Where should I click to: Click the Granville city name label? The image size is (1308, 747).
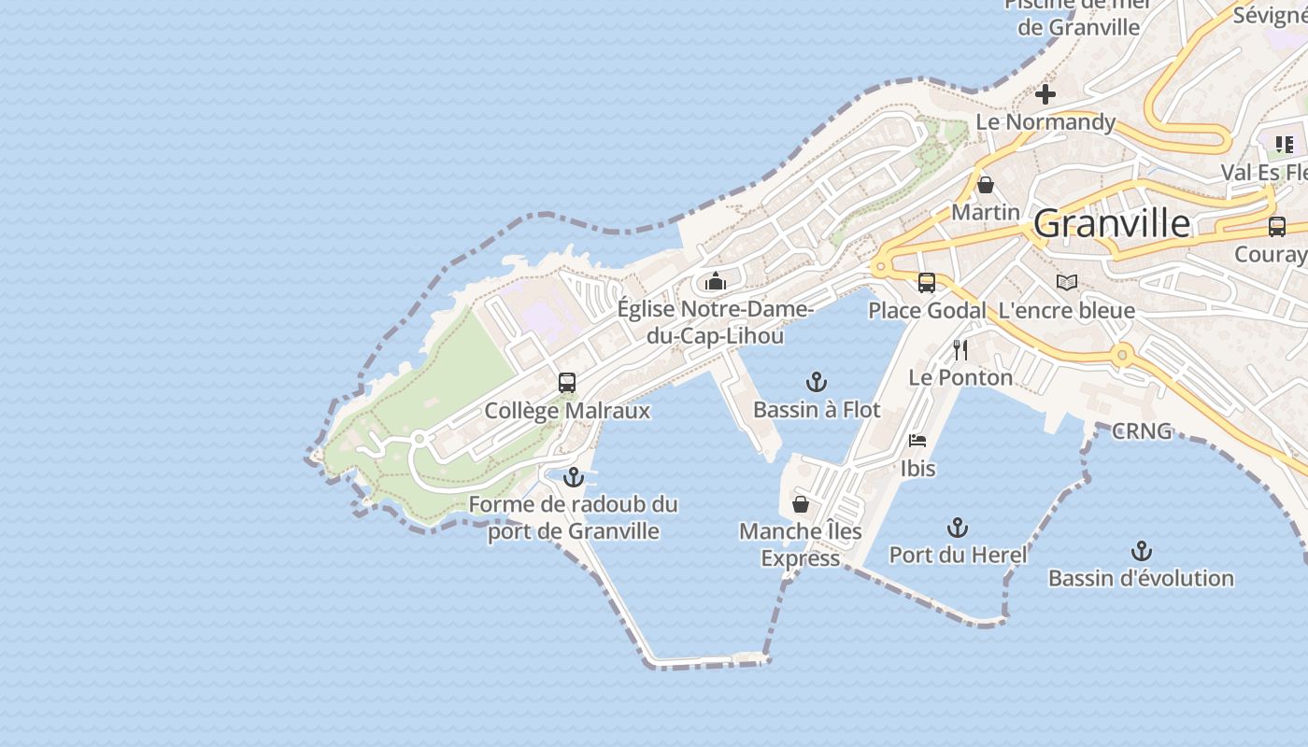coord(1112,224)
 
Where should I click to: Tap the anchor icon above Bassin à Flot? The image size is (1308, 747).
coord(817,382)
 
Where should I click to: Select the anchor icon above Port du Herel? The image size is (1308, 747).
coord(958,529)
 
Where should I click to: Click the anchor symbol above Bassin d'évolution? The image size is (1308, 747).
coord(1141,551)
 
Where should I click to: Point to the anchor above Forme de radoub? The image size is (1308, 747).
coord(573,477)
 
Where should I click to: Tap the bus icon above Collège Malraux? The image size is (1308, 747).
coord(567,383)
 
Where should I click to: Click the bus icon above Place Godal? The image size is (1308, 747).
coord(927,283)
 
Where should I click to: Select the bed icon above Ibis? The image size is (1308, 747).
coord(917,441)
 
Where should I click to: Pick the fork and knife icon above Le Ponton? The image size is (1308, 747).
coord(960,350)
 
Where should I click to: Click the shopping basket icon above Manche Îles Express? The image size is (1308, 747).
coord(801,504)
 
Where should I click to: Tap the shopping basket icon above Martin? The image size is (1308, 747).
coord(986,185)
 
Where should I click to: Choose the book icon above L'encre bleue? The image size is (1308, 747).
coord(1067,282)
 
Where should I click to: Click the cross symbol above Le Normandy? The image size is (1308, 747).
coord(1045,94)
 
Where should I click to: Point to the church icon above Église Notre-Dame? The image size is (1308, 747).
coord(716,281)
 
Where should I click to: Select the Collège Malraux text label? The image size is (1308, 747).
coord(567,411)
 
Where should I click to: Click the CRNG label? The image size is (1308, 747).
coord(1142,431)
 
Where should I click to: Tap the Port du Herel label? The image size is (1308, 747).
coord(958,555)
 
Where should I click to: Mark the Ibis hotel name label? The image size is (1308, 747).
coord(917,468)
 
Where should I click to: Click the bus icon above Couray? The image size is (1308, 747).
coord(1277,227)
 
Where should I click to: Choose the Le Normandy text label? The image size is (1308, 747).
coord(1045,122)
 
